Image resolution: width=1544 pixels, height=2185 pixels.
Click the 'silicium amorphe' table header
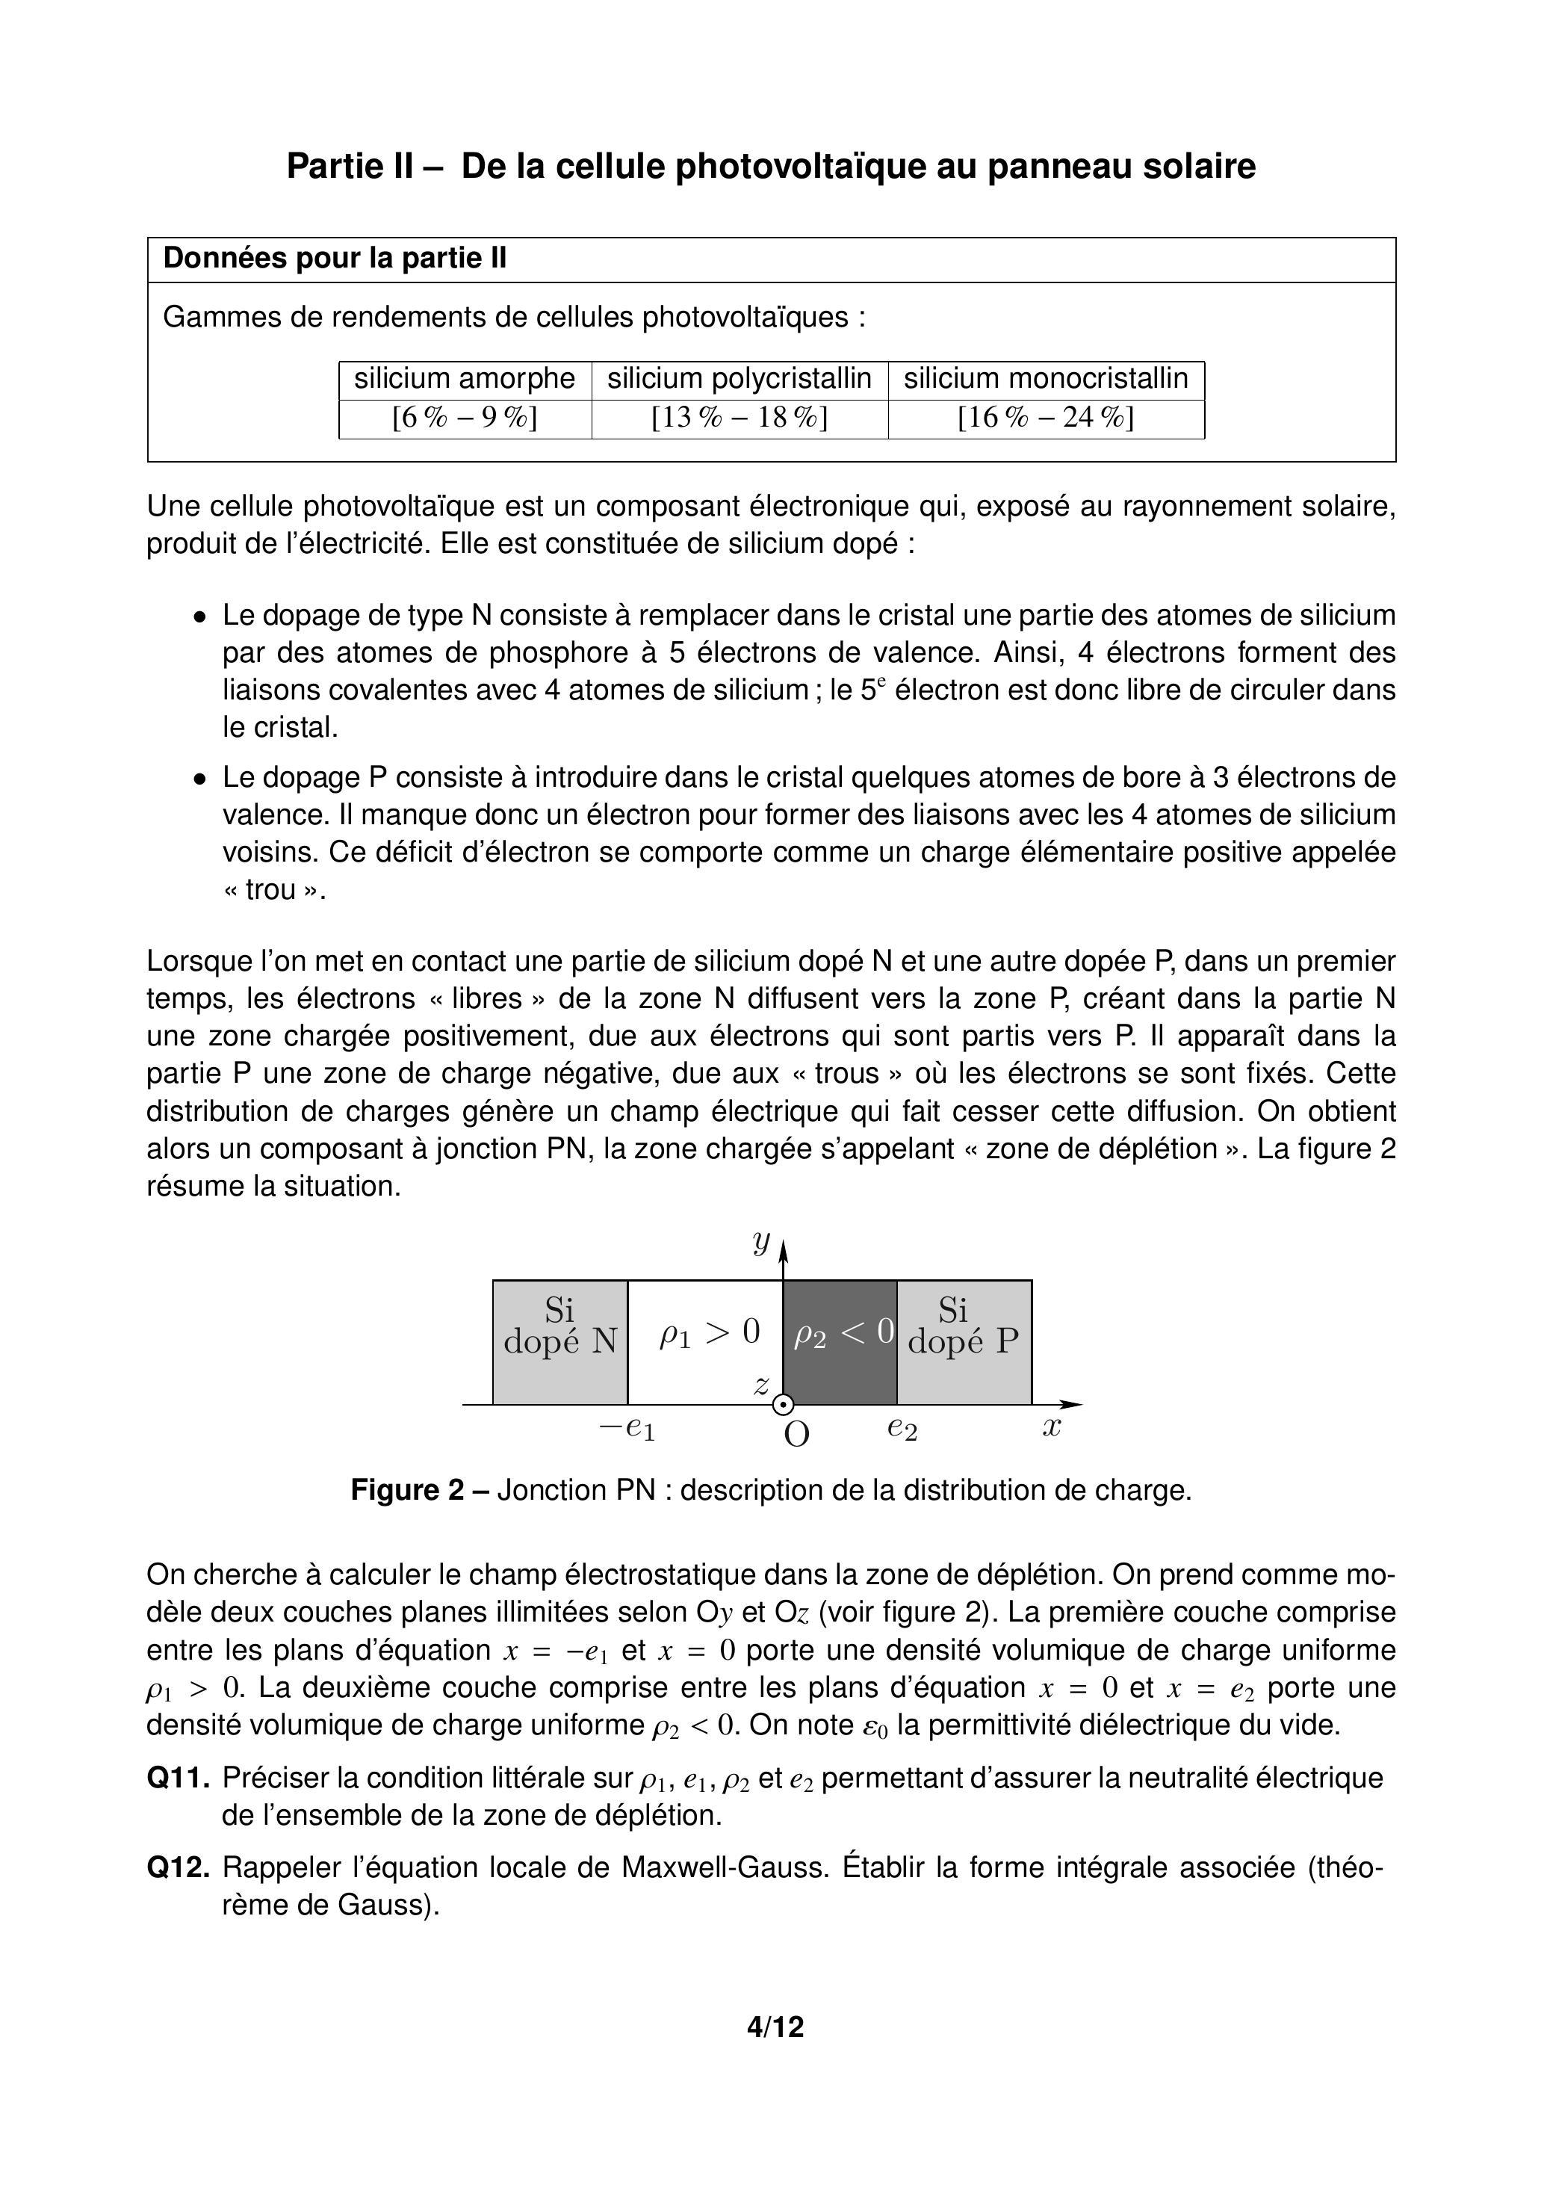click(465, 379)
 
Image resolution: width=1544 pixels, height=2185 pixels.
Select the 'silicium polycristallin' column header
click(740, 379)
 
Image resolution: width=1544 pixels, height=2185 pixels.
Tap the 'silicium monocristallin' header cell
click(1046, 379)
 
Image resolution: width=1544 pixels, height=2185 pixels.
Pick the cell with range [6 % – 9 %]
click(465, 418)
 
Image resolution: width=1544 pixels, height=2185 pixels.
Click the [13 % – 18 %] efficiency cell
click(740, 418)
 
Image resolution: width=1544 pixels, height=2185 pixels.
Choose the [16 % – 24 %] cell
click(1046, 418)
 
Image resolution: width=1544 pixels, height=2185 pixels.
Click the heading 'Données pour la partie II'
click(335, 259)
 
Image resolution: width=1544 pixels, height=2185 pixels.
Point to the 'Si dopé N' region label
click(559, 1326)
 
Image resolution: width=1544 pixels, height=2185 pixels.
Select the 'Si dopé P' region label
click(963, 1326)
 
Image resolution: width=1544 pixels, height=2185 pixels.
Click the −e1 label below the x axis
click(627, 1427)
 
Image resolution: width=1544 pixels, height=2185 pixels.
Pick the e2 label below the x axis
click(902, 1427)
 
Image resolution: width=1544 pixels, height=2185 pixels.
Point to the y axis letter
click(761, 1243)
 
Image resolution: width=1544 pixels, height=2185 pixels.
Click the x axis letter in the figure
click(1051, 1427)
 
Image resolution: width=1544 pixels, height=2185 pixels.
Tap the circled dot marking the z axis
click(783, 1405)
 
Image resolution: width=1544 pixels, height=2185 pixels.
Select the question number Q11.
click(179, 1778)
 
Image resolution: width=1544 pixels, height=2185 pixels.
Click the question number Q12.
click(179, 1867)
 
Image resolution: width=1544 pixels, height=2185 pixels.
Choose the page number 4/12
click(775, 2027)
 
